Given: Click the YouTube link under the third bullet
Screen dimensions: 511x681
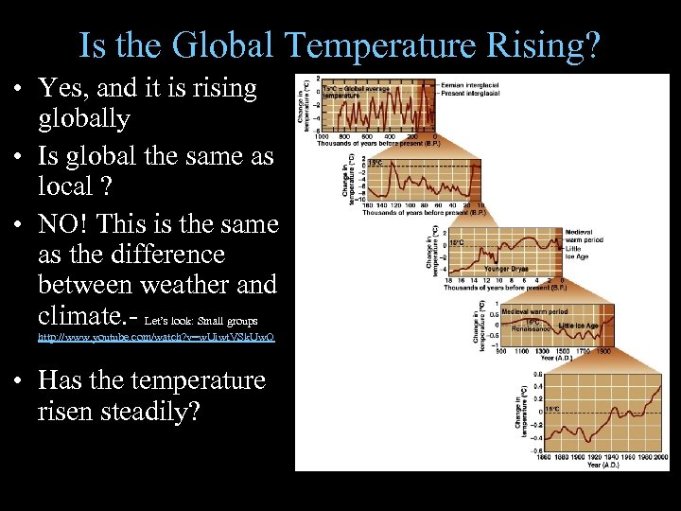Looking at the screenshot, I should [156, 336].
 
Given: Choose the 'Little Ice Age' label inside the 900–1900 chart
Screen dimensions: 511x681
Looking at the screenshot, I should [578, 326].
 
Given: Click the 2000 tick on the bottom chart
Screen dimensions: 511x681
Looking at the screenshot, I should [662, 457].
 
